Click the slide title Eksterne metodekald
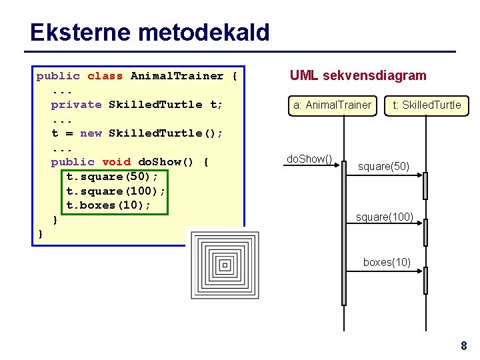pos(149,32)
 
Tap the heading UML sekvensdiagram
pos(357,75)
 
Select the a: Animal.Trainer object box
pos(331,105)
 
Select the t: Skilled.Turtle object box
pos(427,105)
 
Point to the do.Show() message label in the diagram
pos(309,159)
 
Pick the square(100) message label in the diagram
pos(384,217)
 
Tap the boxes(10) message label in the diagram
pos(387,262)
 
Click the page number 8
pos(463,345)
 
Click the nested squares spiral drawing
pos(224,265)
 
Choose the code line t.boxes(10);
pos(109,205)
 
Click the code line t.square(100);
pos(116,191)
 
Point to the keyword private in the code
pos(76,105)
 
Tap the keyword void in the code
pos(116,162)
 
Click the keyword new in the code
pos(91,133)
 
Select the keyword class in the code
pos(105,76)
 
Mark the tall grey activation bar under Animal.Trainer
pos(344,233)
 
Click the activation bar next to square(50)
pos(425,185)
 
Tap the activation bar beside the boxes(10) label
pos(425,281)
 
